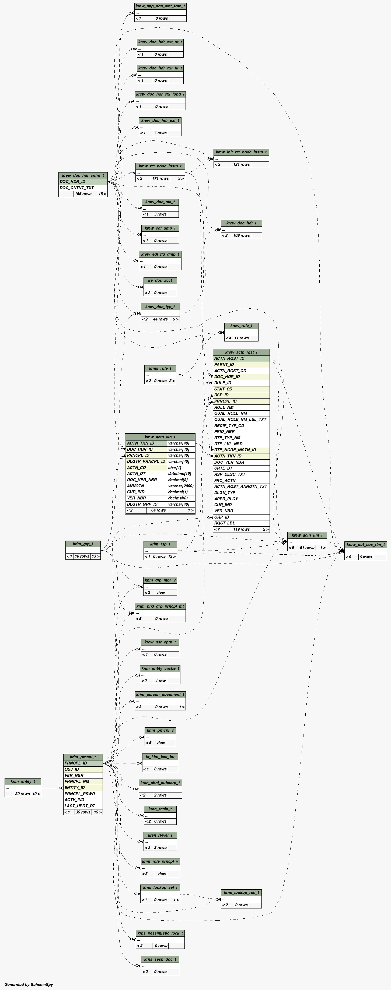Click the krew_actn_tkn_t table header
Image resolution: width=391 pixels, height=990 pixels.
160,437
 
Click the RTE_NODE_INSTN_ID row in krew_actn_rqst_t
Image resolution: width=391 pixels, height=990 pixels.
235,450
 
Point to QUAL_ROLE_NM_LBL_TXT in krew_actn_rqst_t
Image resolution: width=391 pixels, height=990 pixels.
240,419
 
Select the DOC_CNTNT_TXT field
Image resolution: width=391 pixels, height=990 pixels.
77,188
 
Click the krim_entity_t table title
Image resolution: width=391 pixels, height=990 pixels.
23,781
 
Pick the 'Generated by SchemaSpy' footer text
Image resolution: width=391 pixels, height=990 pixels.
29,984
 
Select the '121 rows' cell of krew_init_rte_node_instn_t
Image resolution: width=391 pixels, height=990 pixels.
242,164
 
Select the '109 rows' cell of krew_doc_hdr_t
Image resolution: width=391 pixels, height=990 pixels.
242,235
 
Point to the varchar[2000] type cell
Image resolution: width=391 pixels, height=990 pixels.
181,486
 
